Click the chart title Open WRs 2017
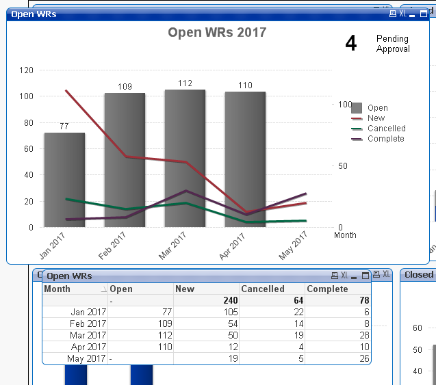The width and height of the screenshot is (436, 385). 217,32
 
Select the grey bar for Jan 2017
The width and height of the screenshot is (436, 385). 64,179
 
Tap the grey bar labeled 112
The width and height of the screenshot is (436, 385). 185,157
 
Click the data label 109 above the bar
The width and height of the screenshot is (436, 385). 125,87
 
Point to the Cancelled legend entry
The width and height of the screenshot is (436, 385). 386,129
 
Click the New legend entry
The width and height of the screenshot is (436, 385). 376,118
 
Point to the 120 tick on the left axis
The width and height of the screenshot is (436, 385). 27,70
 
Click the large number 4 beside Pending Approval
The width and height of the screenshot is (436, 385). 350,44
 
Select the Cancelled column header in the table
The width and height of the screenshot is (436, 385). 263,289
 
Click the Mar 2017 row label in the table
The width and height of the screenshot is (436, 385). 88,335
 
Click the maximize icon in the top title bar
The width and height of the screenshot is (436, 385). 424,14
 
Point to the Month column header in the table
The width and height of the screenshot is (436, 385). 57,289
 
